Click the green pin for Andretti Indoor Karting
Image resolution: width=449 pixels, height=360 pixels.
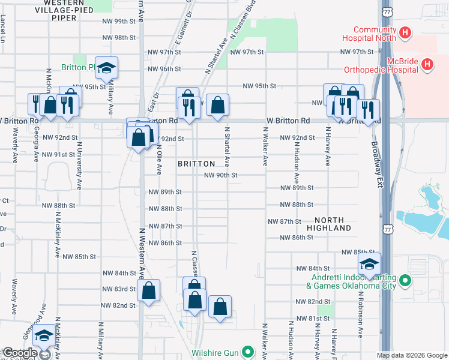pos(405,280)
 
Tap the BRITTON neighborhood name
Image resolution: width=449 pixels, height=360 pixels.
pos(196,164)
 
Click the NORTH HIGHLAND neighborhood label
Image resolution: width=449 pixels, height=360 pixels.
pos(329,224)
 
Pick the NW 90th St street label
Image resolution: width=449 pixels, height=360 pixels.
pos(221,175)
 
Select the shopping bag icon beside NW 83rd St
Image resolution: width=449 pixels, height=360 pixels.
pos(148,291)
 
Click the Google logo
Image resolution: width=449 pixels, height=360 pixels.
pos(20,353)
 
